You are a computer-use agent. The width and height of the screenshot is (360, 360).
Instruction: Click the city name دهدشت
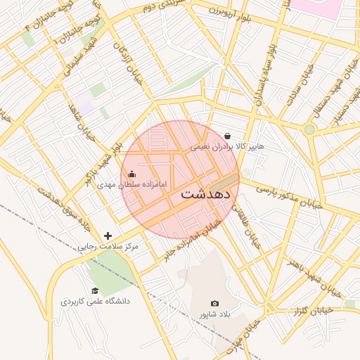tap(209, 194)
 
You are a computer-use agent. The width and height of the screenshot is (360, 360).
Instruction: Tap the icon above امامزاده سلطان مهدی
tap(132, 174)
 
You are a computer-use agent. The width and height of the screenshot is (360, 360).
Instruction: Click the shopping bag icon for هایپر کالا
tap(227, 136)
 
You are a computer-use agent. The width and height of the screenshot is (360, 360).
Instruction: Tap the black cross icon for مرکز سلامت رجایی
tap(108, 236)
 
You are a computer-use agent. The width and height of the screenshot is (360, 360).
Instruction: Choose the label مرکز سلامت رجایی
tap(108, 247)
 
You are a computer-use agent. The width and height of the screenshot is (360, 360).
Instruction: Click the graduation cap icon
tap(95, 290)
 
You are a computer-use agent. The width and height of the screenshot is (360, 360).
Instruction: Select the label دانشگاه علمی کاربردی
tap(95, 301)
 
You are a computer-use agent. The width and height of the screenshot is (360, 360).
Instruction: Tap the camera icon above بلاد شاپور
tap(214, 303)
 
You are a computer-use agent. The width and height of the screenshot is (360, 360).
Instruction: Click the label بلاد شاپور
tap(214, 314)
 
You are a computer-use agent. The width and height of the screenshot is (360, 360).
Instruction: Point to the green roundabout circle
tap(309, 129)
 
